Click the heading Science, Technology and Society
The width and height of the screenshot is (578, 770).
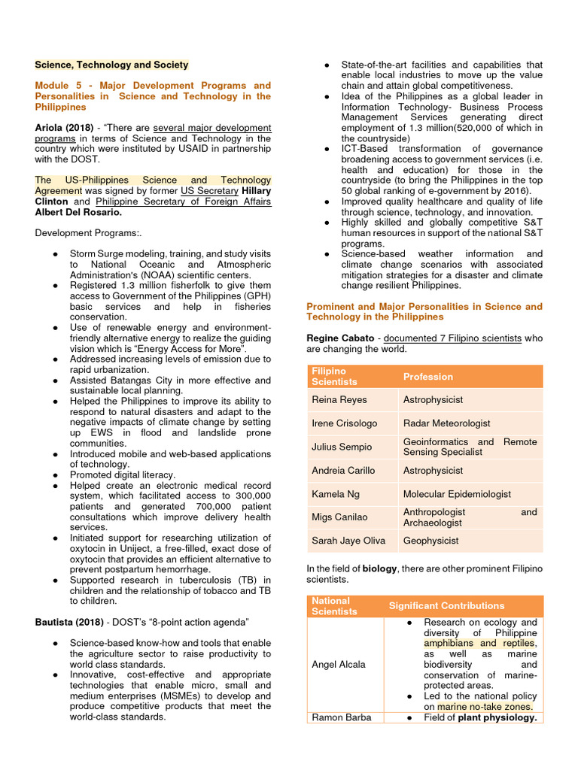coord(111,65)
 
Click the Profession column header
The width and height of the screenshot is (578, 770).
coord(428,377)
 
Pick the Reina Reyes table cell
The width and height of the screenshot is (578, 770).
coord(339,399)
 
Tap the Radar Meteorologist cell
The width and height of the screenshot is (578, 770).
coord(446,423)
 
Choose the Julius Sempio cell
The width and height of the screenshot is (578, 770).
coord(342,447)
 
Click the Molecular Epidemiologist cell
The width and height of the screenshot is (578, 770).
coord(457,494)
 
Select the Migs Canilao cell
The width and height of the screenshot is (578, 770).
coord(340,517)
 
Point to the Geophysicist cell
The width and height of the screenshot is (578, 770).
coord(430,541)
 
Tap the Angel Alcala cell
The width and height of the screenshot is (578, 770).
coord(339,664)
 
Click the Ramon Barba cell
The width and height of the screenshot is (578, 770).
coord(341,717)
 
